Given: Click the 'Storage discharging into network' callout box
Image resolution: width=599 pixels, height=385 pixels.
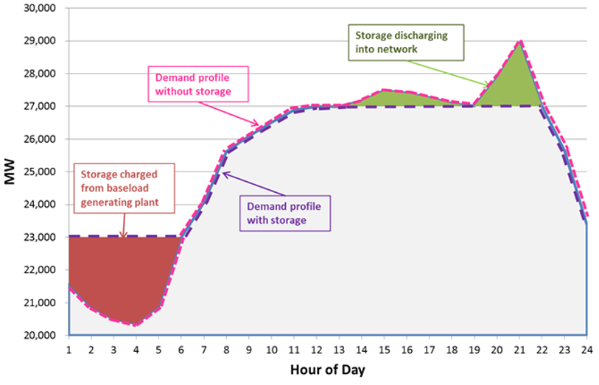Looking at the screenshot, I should coord(401,42).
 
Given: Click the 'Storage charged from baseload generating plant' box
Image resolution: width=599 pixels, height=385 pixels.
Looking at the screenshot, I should coord(124,188).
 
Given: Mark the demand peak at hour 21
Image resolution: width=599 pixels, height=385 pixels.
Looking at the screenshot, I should coord(520,41).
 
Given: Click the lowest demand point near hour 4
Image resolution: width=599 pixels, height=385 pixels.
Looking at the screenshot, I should coord(136,325).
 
